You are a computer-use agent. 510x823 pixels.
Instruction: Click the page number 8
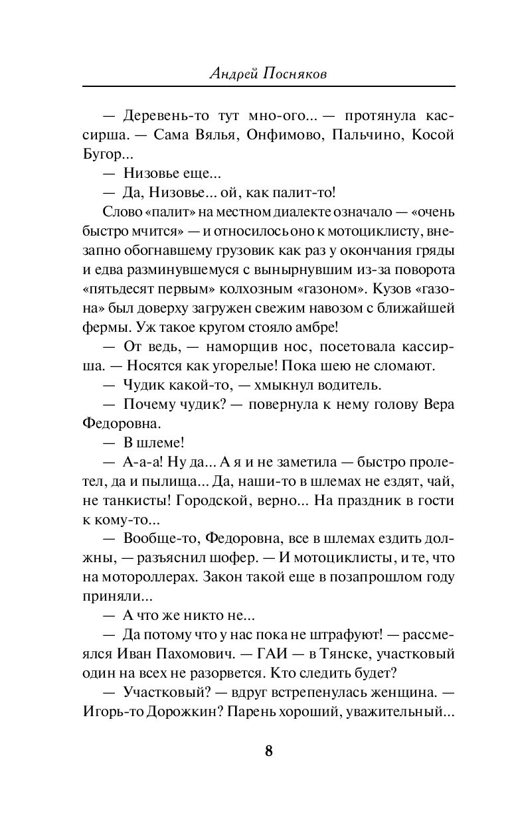[269, 751]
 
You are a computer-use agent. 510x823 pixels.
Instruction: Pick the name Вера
[438, 404]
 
